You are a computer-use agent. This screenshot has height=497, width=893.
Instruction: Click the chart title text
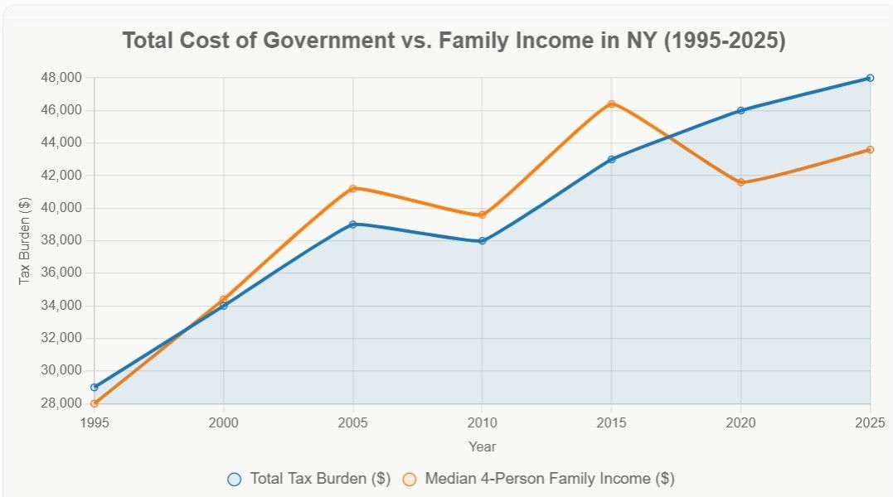pos(454,41)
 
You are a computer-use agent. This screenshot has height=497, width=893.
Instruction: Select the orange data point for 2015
pos(611,104)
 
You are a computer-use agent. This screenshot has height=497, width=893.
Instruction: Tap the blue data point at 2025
pos(870,78)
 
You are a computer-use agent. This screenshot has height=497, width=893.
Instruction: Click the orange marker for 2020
pos(740,182)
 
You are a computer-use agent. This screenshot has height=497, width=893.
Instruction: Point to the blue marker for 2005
pos(352,224)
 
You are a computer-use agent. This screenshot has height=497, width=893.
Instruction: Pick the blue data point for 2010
pos(482,241)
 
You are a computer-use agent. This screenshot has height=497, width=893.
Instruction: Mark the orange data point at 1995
pos(95,403)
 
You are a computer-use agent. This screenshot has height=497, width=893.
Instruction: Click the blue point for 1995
pos(95,387)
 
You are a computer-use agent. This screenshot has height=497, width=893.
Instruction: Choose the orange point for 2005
pos(352,188)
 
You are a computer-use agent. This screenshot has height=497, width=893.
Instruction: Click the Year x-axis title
pos(482,446)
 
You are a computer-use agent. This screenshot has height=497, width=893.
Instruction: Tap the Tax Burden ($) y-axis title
pos(25,241)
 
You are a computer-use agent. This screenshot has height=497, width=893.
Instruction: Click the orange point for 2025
pos(870,149)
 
